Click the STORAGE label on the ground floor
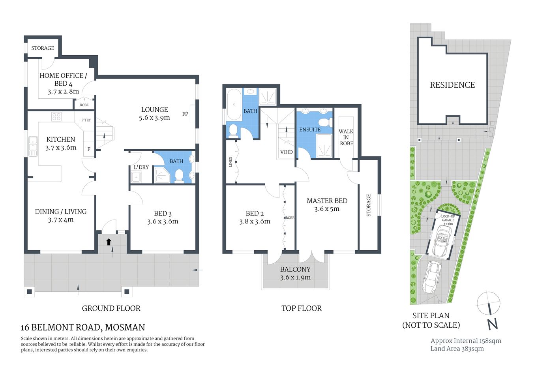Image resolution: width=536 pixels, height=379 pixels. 43,48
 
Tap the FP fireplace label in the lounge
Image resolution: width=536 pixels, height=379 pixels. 185,114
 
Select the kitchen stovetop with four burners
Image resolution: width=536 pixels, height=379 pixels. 56,116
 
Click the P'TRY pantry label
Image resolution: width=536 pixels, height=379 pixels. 86,120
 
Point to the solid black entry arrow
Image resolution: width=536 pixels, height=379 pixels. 109,242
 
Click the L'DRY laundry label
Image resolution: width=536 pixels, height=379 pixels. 141,167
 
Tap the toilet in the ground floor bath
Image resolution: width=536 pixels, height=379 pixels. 179,176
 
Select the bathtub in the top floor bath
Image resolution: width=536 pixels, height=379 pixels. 234,105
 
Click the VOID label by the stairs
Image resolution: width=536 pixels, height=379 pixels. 287,152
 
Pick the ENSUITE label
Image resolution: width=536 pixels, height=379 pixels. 310,129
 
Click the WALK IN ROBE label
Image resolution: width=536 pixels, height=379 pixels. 346,137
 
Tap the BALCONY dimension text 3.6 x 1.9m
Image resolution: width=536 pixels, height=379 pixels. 295,278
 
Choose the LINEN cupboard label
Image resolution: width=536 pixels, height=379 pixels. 231,162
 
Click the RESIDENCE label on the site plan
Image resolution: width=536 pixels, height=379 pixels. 452,85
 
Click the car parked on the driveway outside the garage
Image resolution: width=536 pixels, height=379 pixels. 431,277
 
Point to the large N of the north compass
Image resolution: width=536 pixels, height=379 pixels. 492,324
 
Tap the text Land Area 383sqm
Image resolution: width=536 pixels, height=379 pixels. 457,349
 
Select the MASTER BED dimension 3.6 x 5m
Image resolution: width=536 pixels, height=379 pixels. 327,209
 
